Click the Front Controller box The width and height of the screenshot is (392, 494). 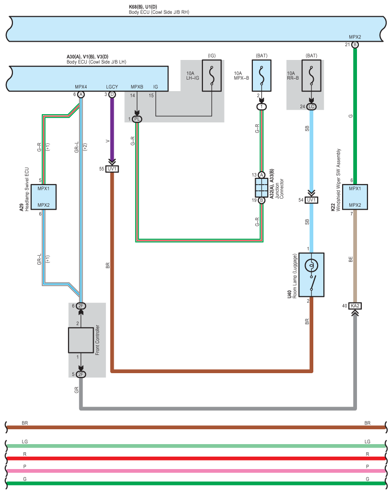81,340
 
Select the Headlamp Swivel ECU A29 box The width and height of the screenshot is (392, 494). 44,197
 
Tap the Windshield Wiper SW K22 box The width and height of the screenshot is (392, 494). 355,197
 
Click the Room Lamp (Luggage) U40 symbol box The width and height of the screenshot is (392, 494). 311,274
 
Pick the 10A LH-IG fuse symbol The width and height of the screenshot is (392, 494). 212,76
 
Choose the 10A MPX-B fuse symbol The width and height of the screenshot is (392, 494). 261,76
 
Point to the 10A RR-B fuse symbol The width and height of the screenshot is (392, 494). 311,76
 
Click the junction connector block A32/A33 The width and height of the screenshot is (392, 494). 261,188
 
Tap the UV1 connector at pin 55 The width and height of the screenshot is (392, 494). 112,169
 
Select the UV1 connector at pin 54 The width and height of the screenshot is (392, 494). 311,200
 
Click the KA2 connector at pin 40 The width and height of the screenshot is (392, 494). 355,306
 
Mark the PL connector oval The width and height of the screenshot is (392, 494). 137,119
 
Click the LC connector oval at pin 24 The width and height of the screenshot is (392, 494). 311,106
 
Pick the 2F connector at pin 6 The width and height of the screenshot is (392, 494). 81,306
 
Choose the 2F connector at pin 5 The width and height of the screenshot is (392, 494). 81,374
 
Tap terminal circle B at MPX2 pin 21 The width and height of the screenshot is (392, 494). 355,45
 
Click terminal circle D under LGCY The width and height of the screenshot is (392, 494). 112,94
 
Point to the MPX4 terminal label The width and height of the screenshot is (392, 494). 81,87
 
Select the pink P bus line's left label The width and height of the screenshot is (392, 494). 25,466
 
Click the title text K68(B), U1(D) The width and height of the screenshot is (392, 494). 143,7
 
